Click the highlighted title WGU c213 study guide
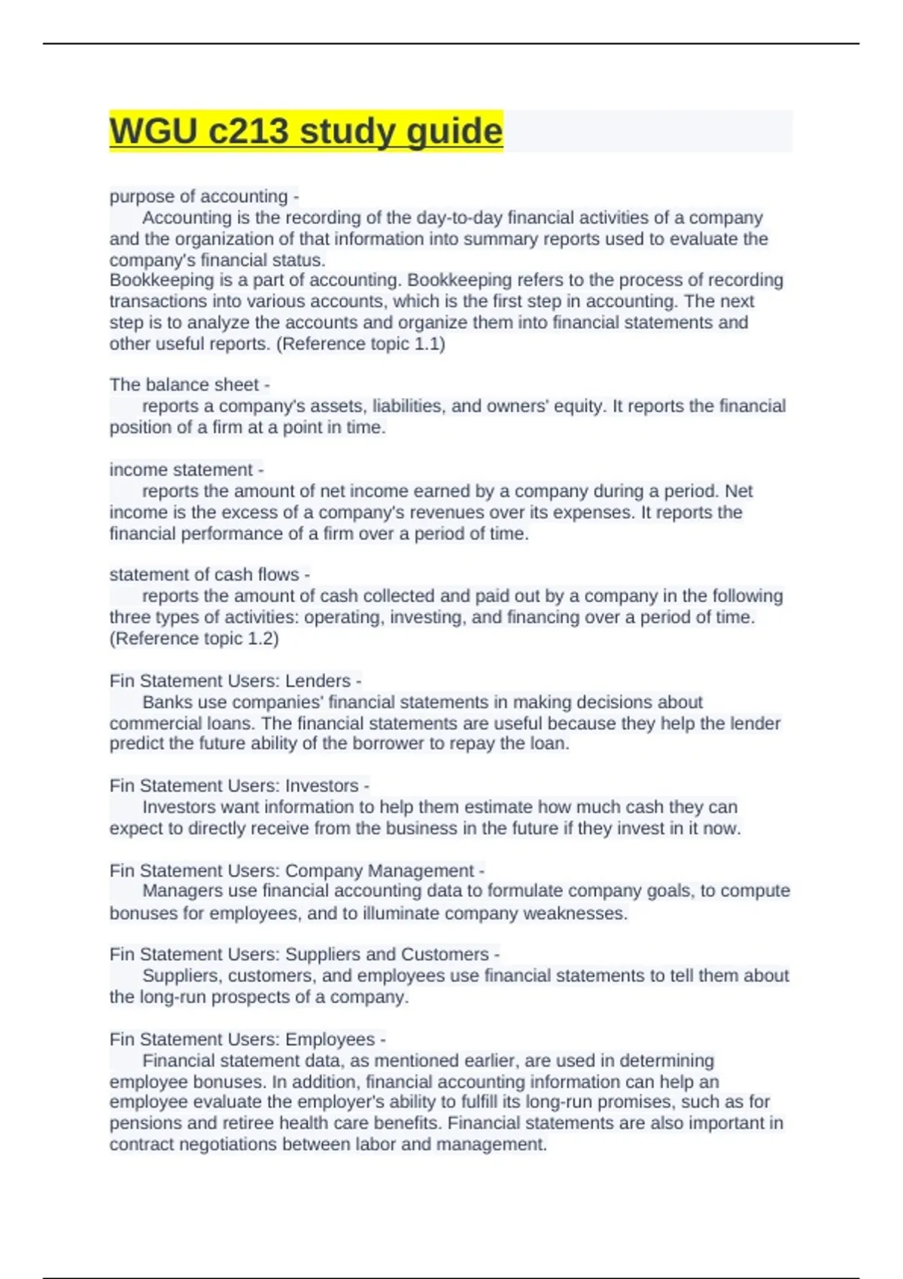click(306, 131)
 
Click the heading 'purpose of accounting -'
click(204, 196)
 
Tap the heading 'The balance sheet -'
click(189, 384)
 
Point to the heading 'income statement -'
click(186, 469)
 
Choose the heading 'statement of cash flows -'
click(209, 575)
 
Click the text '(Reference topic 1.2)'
click(194, 639)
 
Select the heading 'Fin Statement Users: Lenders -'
click(235, 681)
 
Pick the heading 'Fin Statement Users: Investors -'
click(239, 785)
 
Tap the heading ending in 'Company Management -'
click(296, 870)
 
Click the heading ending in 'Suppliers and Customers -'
click(304, 954)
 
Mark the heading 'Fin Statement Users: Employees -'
click(247, 1039)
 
